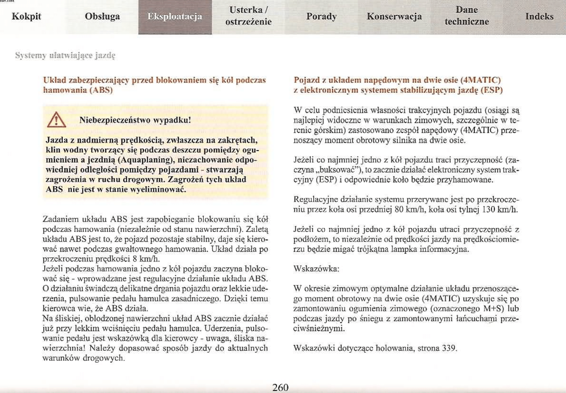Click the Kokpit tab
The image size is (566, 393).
[26, 16]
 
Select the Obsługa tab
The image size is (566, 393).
[102, 16]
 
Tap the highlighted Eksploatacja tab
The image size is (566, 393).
[175, 16]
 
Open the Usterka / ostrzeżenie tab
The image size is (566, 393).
[248, 16]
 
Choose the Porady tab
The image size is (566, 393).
[321, 16]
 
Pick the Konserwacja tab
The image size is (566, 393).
[394, 16]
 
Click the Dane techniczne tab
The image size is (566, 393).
[467, 16]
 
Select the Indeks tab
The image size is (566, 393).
[539, 16]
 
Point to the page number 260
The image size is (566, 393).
[280, 387]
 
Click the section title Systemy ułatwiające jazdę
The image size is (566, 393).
[65, 55]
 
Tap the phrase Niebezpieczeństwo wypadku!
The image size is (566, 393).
[135, 120]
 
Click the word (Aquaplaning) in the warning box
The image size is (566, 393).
[145, 160]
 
